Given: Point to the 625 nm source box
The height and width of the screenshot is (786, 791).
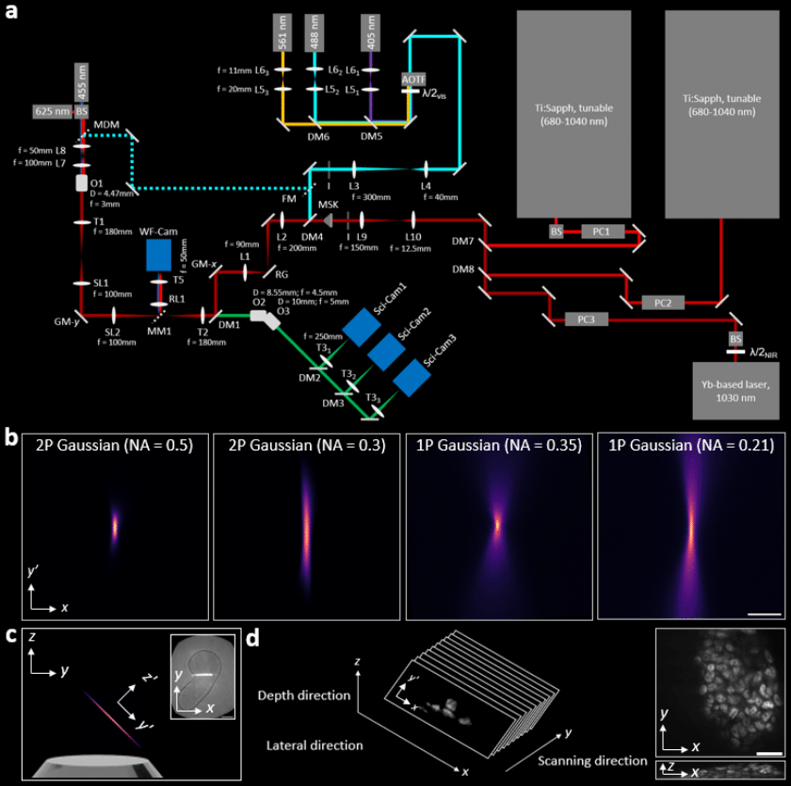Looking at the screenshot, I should [51, 109].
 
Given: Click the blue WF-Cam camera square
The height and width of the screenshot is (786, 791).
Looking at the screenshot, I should [159, 254].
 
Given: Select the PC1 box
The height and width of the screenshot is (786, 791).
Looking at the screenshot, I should [602, 231].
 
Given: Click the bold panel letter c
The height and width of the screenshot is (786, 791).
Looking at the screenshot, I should [11, 635].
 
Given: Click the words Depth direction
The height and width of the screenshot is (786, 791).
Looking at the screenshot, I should [303, 696].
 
